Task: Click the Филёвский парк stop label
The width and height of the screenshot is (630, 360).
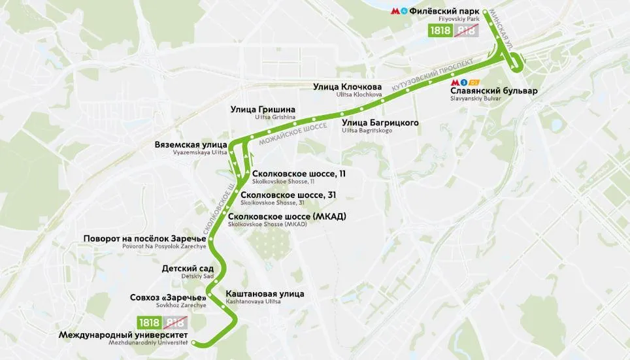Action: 445,11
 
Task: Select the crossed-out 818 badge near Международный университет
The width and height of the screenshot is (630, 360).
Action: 174,322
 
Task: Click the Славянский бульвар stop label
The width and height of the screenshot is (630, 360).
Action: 493,91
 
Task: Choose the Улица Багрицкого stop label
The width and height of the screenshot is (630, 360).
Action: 380,122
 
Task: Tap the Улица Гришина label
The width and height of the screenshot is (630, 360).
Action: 263,109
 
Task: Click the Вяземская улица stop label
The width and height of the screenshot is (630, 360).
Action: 191,144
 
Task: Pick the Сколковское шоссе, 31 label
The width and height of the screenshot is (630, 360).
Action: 288,195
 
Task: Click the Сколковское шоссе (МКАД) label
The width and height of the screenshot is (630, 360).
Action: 287,216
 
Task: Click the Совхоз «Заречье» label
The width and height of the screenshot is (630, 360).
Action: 168,298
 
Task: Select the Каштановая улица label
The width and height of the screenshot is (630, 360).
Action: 265,294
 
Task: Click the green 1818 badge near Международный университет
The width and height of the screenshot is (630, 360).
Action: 149,322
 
